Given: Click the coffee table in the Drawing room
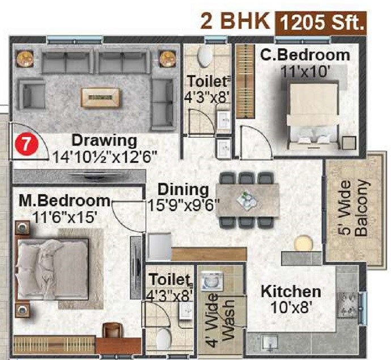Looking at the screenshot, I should (100, 97).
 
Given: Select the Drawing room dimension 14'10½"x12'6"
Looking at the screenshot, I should (105, 156).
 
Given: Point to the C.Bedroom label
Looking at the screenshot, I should (305, 55).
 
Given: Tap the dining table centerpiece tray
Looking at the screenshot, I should (248, 199).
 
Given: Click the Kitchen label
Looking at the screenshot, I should (291, 292).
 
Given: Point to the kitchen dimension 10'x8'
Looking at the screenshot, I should (291, 309).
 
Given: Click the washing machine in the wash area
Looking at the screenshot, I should (210, 281).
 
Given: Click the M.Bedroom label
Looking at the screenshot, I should (64, 201).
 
